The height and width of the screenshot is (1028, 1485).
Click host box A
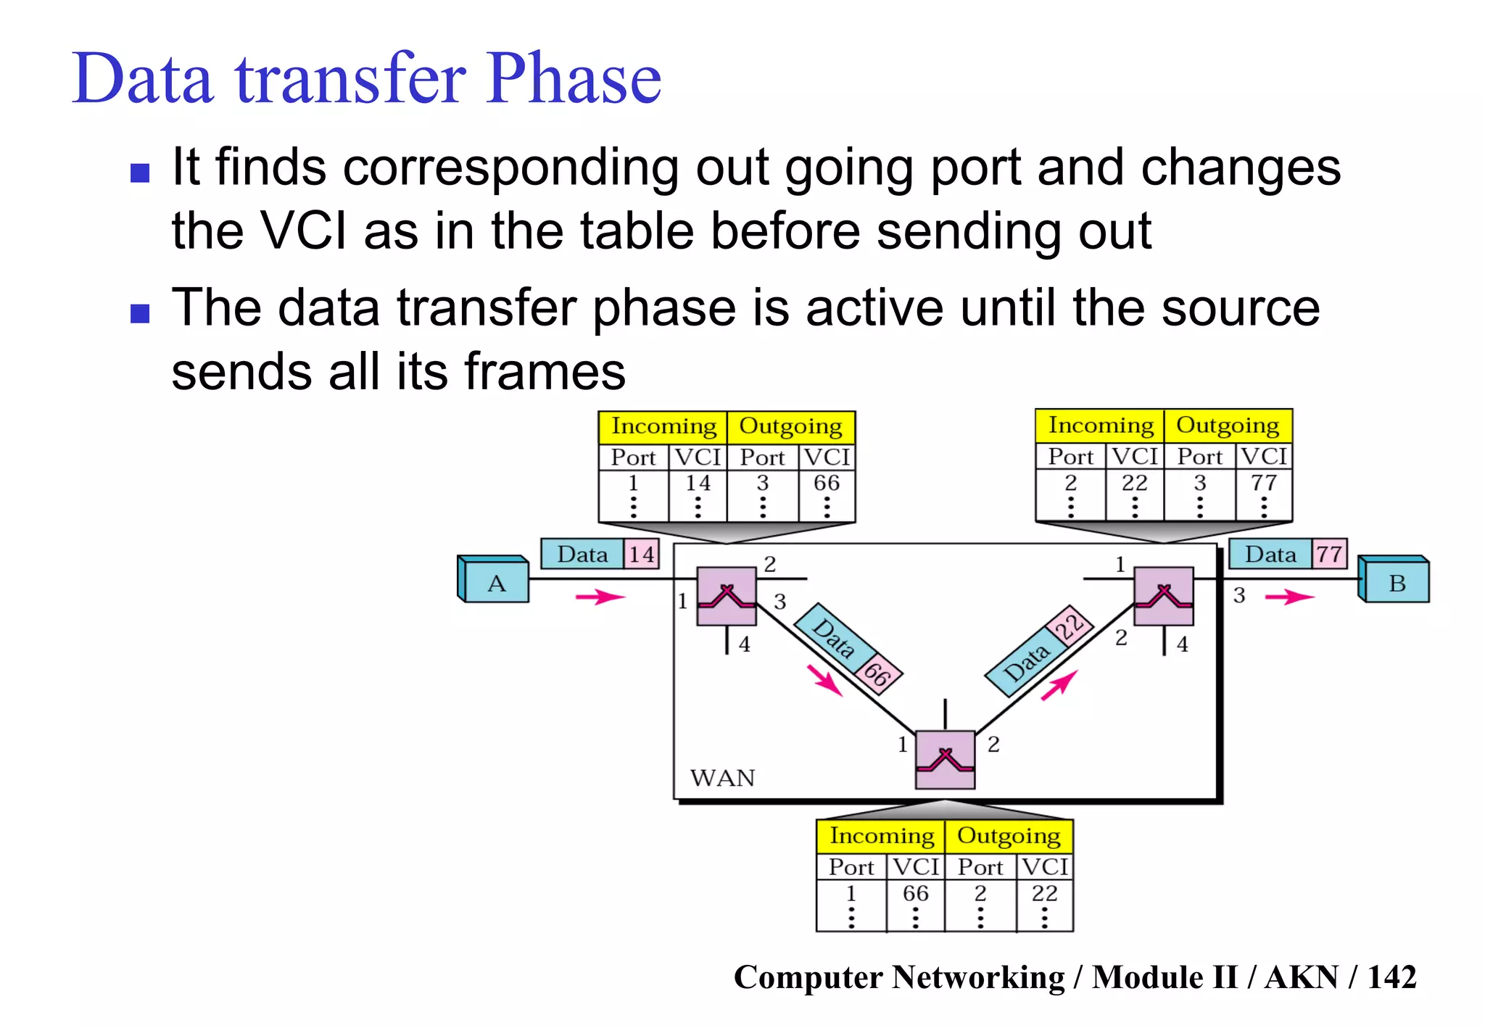point(496,583)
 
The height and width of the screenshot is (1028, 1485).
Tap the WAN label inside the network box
point(722,778)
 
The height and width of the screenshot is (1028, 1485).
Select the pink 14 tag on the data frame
point(642,555)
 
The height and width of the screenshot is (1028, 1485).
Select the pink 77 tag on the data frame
point(1328,554)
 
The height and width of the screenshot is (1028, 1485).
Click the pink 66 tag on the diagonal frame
point(877,674)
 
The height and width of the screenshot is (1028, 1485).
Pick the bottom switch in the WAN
point(945,759)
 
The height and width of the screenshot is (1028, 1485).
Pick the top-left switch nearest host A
point(727,596)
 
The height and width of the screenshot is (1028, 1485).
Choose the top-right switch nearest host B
point(1163,596)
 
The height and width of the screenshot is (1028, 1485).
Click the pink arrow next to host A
point(599,597)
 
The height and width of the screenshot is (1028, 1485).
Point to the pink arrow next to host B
point(1288,597)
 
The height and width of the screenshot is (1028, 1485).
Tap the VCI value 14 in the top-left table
point(698,483)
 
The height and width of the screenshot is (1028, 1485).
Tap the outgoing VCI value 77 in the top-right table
point(1264,482)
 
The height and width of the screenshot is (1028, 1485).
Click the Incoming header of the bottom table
point(881,836)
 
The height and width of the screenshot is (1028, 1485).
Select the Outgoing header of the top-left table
point(790,426)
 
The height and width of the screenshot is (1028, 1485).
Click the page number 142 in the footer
point(1391,977)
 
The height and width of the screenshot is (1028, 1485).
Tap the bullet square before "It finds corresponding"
point(140,173)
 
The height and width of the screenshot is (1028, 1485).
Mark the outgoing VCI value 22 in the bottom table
point(1044,893)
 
